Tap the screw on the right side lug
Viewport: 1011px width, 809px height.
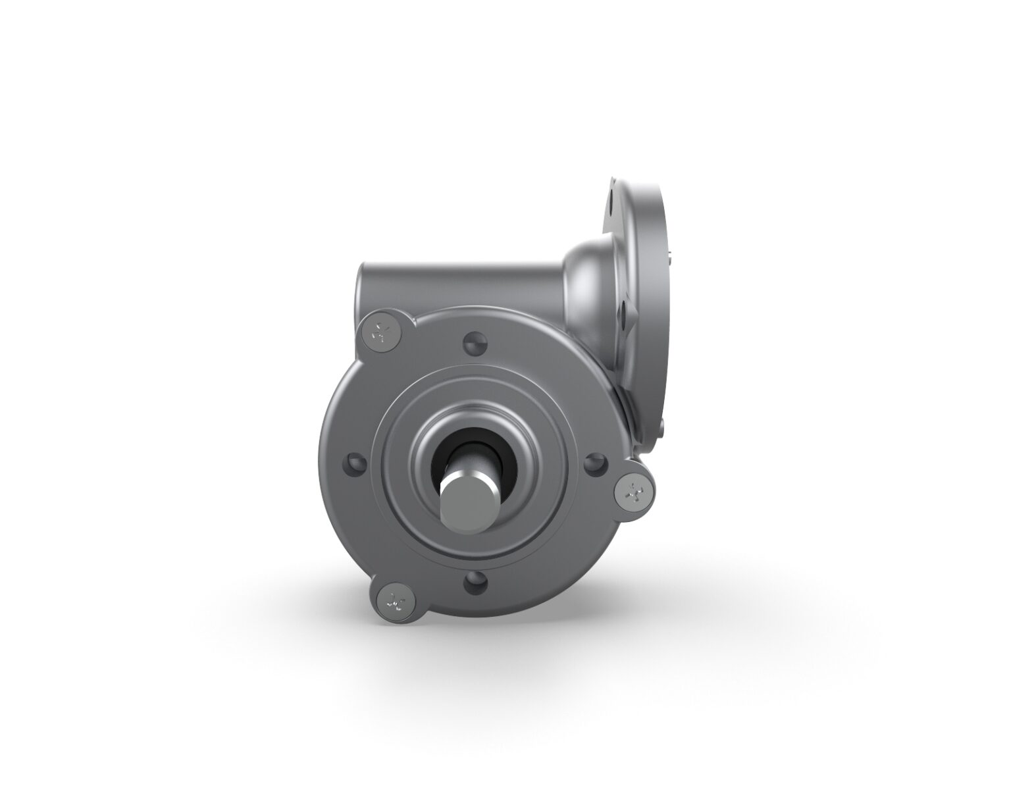634,490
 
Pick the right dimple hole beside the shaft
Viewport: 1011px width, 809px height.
594,463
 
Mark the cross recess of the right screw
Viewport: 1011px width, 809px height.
634,490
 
